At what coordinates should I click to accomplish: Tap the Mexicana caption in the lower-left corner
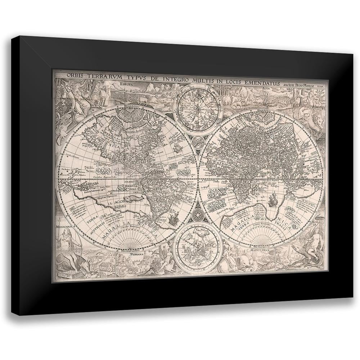click(x=64, y=228)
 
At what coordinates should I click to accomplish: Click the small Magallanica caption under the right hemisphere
click(x=258, y=248)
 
